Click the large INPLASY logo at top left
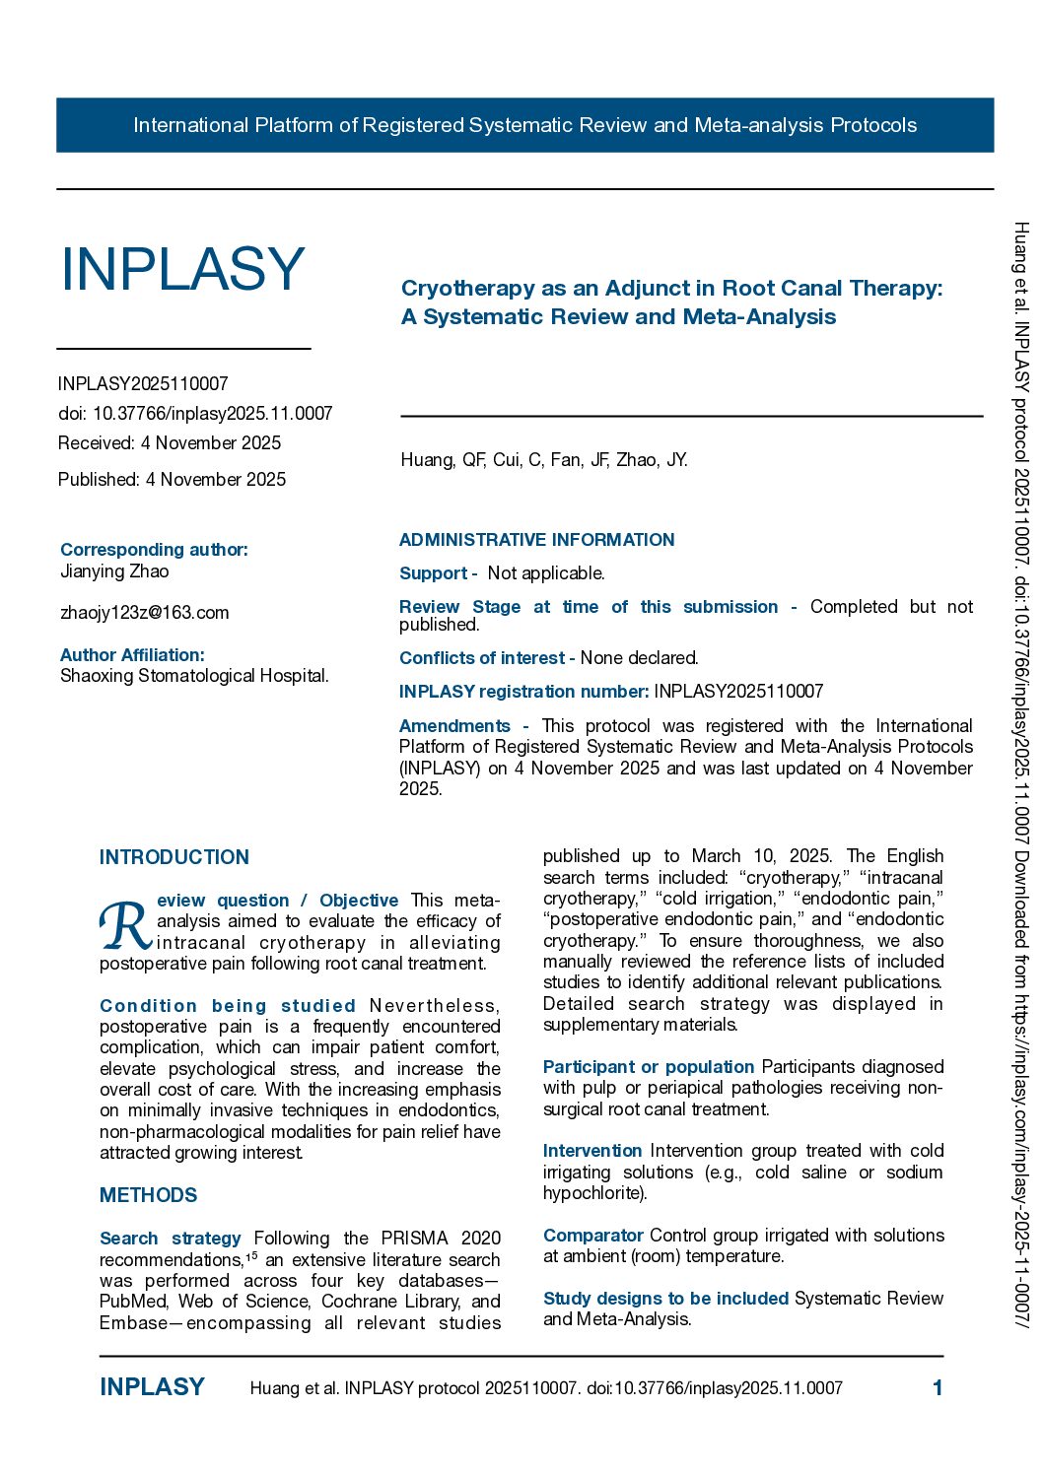point(182,269)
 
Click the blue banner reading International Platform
point(524,125)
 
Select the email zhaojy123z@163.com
point(144,613)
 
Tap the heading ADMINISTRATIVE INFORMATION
point(536,540)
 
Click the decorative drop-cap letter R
point(124,926)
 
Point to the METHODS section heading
point(148,1195)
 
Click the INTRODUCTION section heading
point(174,857)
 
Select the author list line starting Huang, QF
point(544,460)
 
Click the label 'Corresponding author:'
point(154,550)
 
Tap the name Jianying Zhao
point(114,571)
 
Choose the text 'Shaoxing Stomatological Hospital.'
point(194,676)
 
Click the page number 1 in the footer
point(938,1388)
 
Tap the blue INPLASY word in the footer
point(152,1387)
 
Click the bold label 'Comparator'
point(592,1236)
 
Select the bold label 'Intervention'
point(591,1151)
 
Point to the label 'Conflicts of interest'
point(481,658)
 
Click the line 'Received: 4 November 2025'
point(170,443)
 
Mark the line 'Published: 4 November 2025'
point(172,480)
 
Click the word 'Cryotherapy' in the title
point(467,289)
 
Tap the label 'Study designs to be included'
point(665,1299)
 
